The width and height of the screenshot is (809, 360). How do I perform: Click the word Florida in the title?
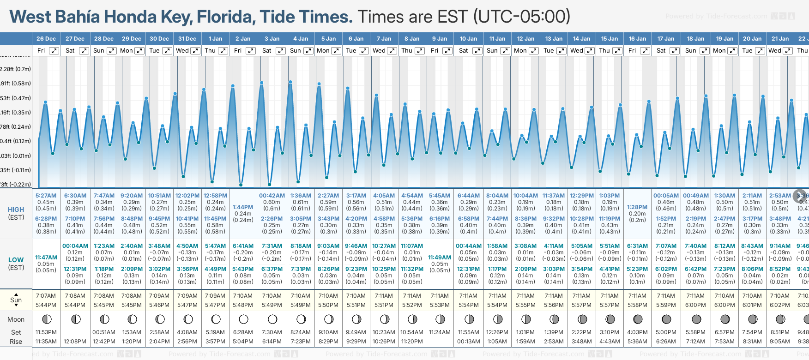point(226,17)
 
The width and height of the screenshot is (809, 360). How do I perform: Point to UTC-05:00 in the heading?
point(522,17)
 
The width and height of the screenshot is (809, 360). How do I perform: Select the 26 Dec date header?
point(46,39)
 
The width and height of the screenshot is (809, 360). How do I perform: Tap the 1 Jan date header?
point(215,39)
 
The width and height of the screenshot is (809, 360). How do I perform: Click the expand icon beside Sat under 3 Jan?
point(280,51)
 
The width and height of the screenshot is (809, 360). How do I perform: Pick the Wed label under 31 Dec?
point(182,51)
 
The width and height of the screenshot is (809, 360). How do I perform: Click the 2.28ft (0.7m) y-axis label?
point(15,69)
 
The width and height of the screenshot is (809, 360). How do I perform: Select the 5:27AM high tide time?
point(46,196)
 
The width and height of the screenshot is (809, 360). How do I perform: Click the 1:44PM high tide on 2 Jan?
point(243,207)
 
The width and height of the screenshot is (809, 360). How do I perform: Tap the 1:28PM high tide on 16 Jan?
point(637,207)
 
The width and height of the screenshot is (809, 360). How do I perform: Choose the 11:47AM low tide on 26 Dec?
point(46,258)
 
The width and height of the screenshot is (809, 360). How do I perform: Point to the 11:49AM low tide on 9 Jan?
point(440,258)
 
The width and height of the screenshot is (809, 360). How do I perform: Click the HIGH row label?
point(16,210)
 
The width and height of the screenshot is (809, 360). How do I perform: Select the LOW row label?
point(16,260)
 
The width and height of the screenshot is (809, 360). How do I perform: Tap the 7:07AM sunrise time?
point(46,296)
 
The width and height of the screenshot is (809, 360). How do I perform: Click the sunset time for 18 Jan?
point(695,305)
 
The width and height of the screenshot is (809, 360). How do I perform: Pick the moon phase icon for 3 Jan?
point(272,319)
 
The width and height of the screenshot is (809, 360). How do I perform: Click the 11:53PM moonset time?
point(46,332)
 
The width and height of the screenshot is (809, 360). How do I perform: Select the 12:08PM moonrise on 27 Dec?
point(75,342)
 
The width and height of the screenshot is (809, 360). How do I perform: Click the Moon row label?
point(16,319)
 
